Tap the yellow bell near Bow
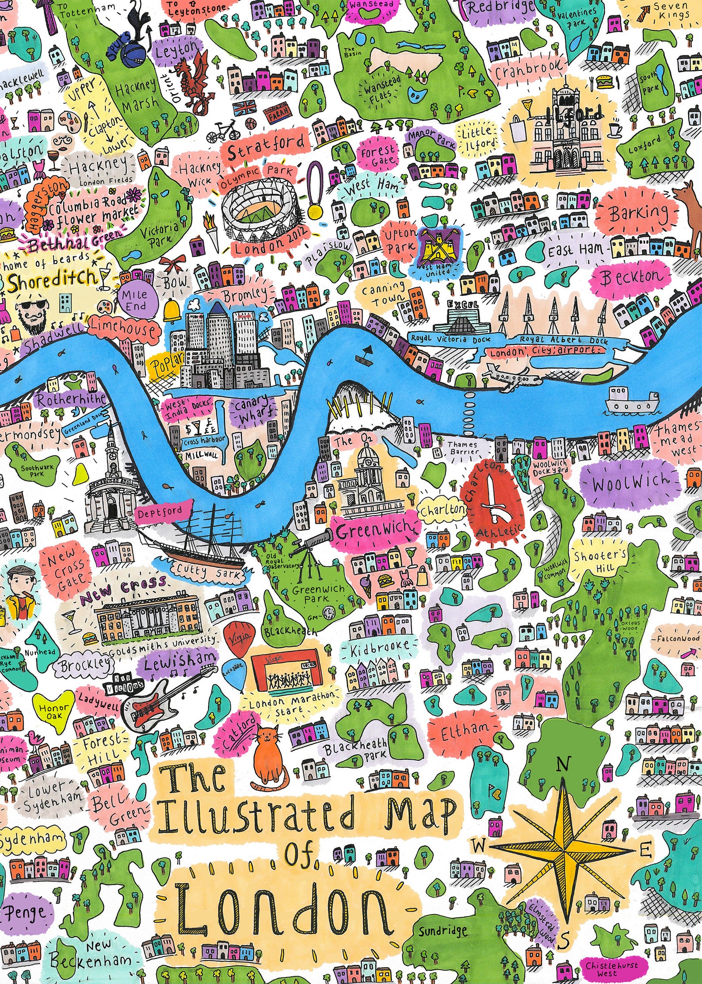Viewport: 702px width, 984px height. tap(172, 311)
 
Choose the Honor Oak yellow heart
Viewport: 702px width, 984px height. tap(53, 711)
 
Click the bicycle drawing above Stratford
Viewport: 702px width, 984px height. tap(225, 131)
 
